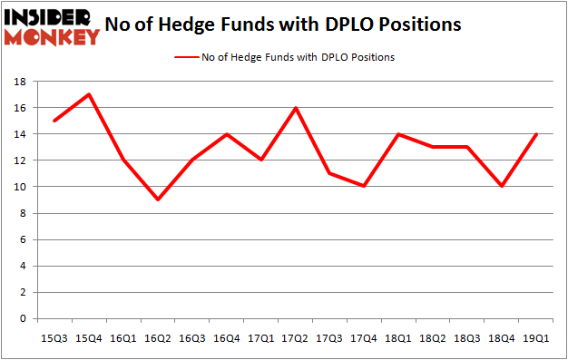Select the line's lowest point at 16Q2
point(160,199)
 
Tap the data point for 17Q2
point(297,107)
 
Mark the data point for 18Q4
point(502,186)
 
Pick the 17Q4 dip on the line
point(365,186)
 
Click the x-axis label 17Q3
point(330,336)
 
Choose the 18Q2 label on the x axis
point(434,336)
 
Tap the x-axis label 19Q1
point(536,336)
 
